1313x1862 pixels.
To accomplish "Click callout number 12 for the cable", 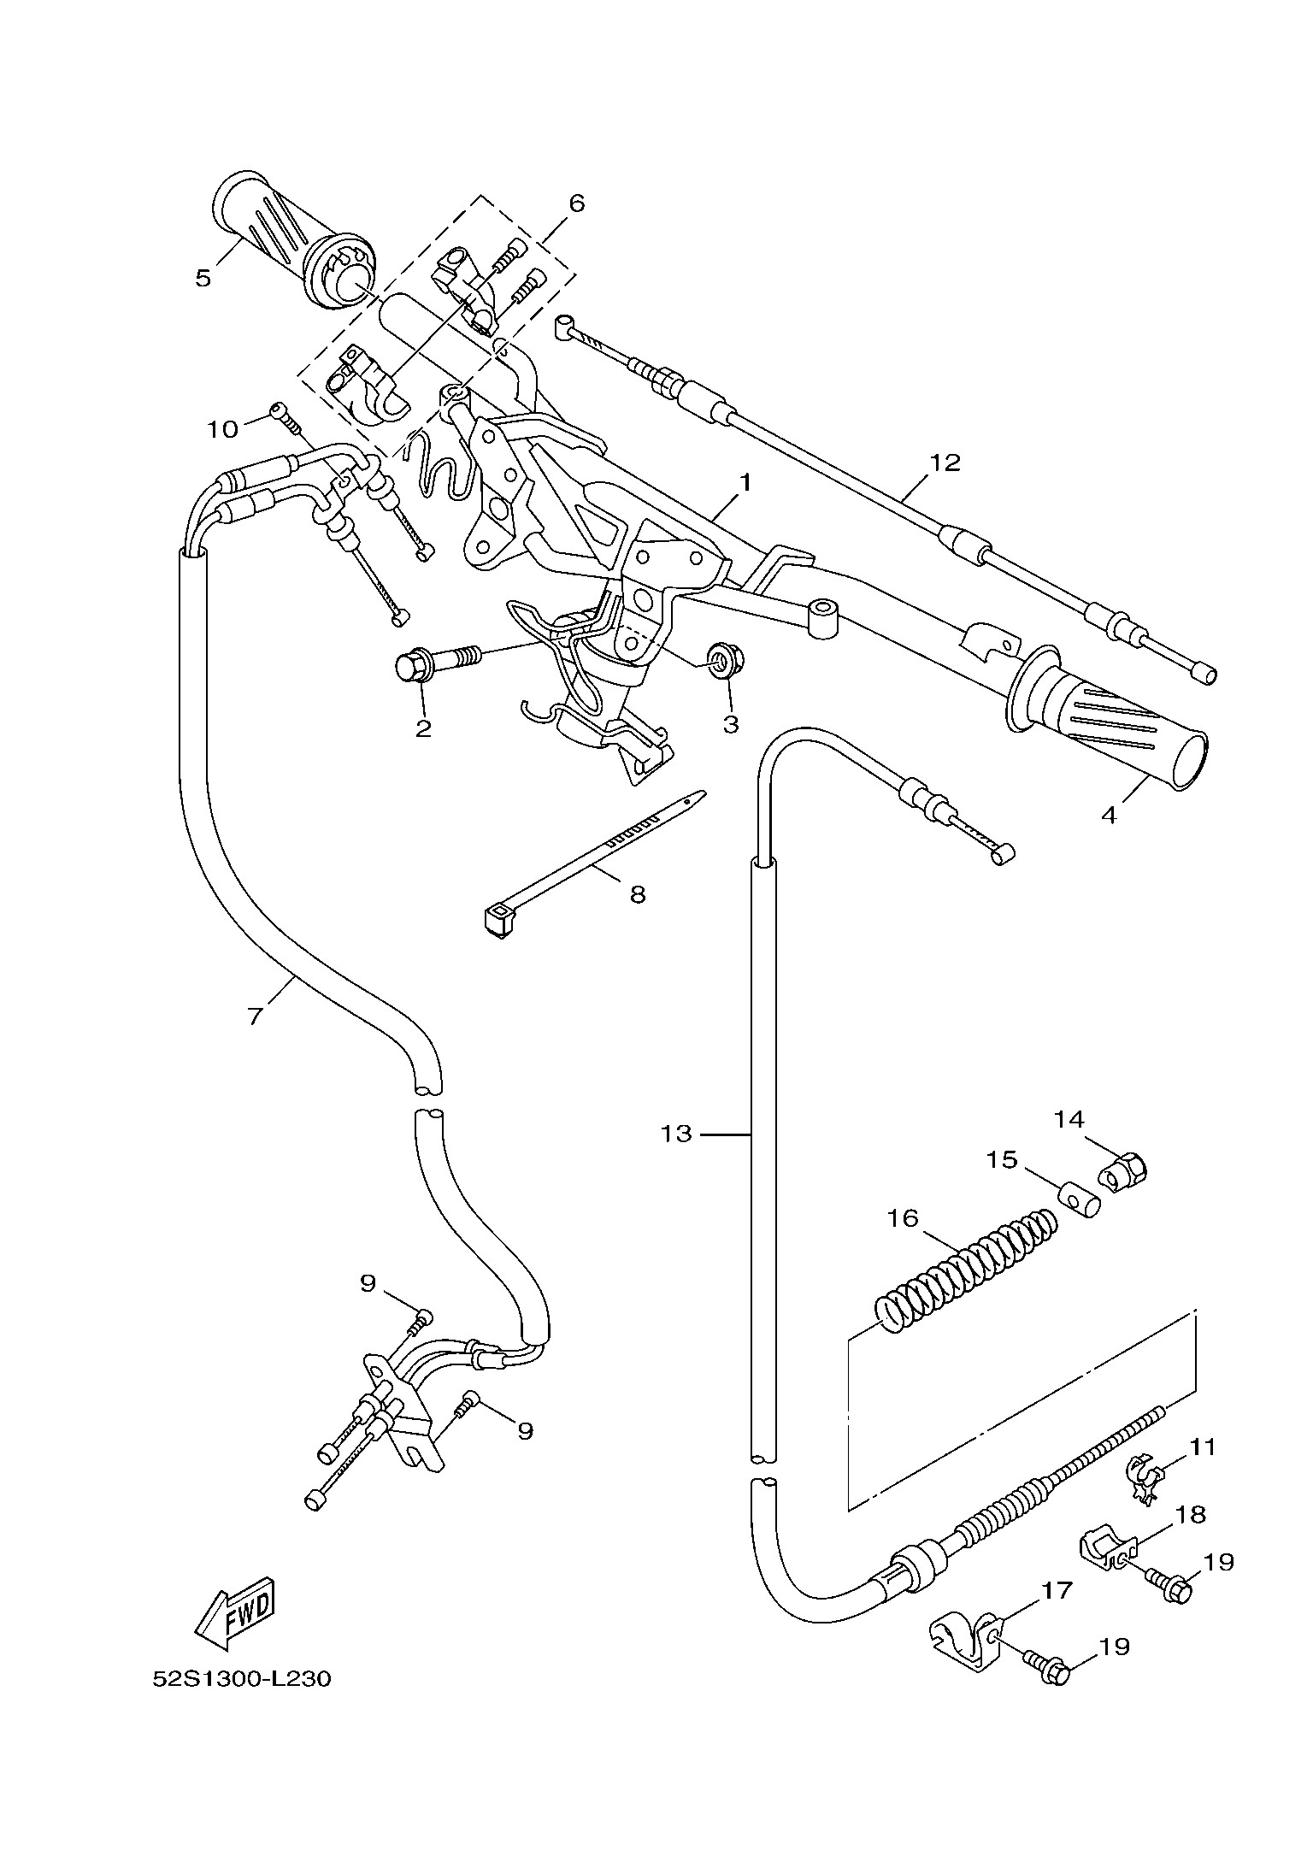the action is pyautogui.click(x=945, y=463).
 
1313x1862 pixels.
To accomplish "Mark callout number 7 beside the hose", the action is pyautogui.click(x=254, y=1016).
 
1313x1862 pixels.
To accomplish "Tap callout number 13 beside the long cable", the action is pyautogui.click(x=675, y=1134).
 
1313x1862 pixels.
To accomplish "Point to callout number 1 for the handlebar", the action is pyautogui.click(x=745, y=483).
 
